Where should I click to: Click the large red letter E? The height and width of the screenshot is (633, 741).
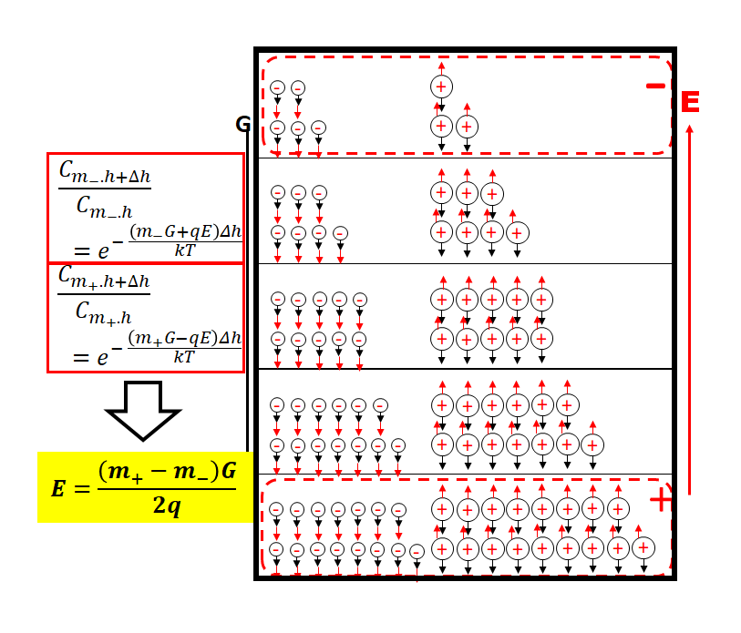[x=690, y=101]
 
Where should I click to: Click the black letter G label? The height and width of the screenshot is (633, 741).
[x=242, y=125]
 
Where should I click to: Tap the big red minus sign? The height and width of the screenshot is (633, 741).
[x=655, y=86]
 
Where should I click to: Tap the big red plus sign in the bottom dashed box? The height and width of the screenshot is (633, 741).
[x=660, y=499]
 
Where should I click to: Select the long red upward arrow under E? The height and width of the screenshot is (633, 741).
[x=689, y=310]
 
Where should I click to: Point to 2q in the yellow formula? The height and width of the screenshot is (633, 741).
[x=166, y=505]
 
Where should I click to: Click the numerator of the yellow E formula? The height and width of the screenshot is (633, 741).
[x=166, y=472]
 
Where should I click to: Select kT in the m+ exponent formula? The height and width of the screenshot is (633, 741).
[x=184, y=356]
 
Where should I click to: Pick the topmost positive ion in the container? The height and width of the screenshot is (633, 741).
[x=441, y=87]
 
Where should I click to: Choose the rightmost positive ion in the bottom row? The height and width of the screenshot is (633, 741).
[x=643, y=547]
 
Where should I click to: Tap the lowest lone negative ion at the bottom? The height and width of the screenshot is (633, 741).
[x=417, y=552]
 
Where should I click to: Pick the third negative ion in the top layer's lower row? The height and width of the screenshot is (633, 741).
[x=318, y=128]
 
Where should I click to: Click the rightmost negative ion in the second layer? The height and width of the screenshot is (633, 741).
[x=340, y=233]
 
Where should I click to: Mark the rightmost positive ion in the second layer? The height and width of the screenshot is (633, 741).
[x=517, y=233]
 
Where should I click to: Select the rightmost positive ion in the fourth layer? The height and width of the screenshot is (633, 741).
[x=592, y=444]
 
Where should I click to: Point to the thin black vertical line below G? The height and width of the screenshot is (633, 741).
[x=247, y=291]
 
